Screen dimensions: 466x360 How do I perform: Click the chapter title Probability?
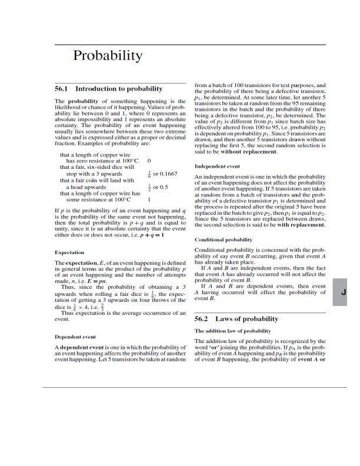[x=108, y=56]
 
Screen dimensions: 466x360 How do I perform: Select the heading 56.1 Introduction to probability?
[x=108, y=89]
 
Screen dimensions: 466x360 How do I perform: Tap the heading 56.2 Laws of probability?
[x=236, y=319]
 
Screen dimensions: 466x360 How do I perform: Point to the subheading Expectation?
[x=69, y=252]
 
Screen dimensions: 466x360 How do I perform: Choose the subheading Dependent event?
[x=75, y=337]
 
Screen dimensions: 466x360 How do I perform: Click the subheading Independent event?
[x=217, y=167]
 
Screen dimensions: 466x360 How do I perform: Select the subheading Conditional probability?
[x=223, y=240]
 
